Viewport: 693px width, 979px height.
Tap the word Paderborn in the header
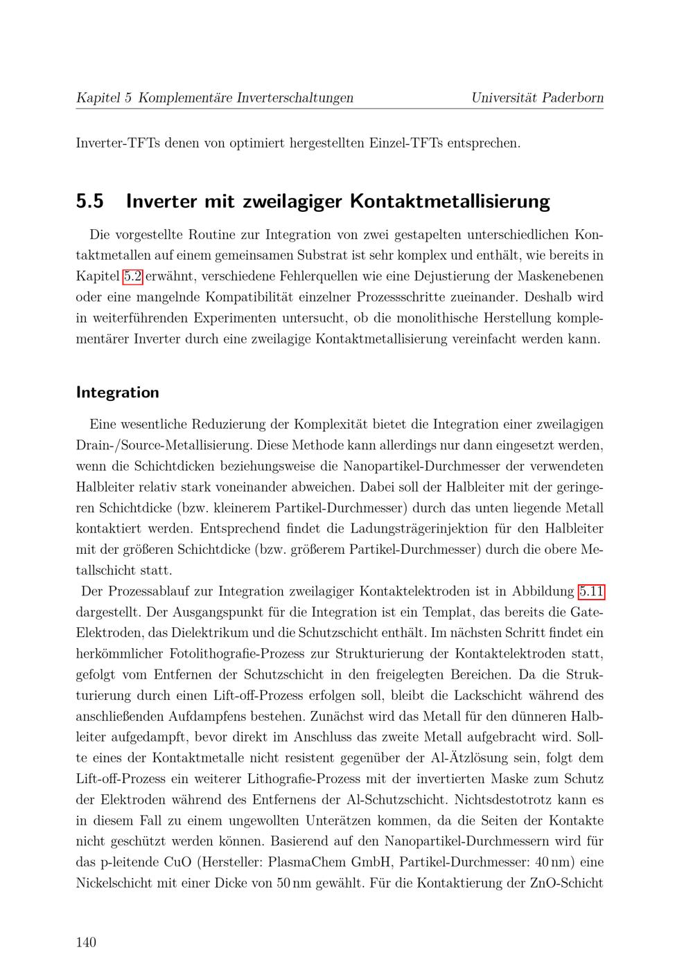(x=572, y=98)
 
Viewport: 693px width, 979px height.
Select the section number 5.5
(x=90, y=201)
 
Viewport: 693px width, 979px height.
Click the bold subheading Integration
(x=117, y=393)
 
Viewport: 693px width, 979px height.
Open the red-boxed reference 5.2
(x=132, y=276)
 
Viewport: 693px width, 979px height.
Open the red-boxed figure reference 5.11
(x=591, y=591)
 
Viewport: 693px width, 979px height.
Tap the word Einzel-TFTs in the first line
(x=407, y=144)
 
